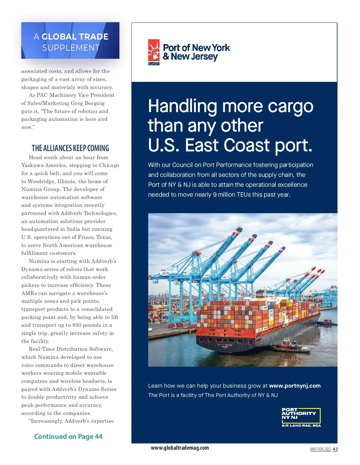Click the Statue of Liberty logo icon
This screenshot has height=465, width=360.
(x=154, y=52)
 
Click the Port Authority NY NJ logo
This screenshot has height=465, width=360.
(x=301, y=416)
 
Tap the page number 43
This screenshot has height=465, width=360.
(x=335, y=449)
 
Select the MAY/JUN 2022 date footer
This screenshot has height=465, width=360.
(x=320, y=449)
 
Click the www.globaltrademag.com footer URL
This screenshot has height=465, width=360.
(x=180, y=448)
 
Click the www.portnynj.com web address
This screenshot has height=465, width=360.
(x=295, y=386)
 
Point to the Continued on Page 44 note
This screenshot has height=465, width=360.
(x=68, y=437)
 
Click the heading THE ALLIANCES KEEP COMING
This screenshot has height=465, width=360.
(x=70, y=148)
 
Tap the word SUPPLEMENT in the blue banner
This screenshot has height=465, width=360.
(x=71, y=48)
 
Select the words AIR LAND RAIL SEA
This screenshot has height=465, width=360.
(x=301, y=425)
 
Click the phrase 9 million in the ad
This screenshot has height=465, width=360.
(x=224, y=195)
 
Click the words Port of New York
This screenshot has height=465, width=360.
(x=196, y=48)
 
